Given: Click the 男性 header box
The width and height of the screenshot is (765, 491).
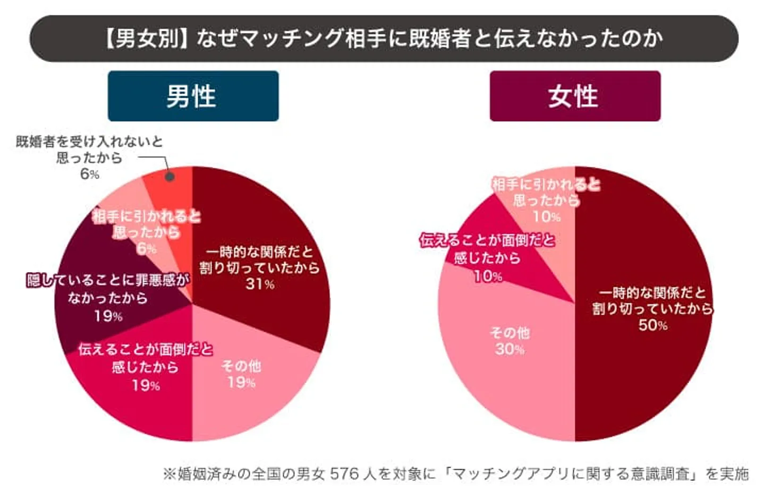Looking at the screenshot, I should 193,96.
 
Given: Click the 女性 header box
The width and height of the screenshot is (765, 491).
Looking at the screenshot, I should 575,96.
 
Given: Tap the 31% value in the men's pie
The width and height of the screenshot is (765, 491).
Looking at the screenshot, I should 260,284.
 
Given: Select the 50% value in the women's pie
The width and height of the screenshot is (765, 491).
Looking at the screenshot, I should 653,325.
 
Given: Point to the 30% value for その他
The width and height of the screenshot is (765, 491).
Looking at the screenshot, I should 509,349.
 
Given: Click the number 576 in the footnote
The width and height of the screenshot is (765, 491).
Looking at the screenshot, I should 345,473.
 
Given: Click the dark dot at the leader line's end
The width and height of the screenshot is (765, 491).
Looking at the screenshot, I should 169,176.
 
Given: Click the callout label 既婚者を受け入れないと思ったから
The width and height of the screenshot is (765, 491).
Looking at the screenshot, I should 89,149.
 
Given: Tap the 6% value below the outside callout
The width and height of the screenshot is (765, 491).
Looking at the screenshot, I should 89,174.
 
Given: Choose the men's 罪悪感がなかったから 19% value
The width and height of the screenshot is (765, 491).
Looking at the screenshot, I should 108,317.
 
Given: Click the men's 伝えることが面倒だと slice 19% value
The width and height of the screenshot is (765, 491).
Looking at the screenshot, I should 146,385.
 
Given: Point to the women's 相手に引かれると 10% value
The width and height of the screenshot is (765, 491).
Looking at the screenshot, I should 547,217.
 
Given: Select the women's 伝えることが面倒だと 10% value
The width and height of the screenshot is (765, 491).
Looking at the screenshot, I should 488,276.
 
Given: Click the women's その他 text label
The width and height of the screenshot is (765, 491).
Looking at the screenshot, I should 509,333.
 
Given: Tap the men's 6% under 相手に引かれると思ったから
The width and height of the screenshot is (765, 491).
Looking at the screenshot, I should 147,249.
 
